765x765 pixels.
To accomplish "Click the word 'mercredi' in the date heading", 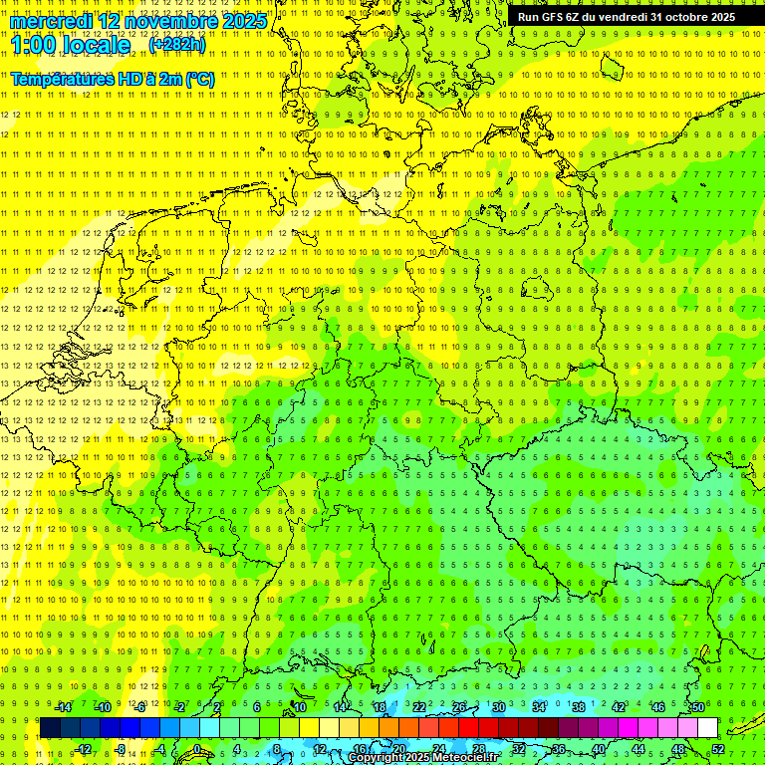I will coord(50,21).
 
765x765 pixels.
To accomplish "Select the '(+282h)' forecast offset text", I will coord(177,45).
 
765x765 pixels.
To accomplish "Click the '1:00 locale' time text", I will coord(70,46).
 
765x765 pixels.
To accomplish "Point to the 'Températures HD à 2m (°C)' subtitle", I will coord(113,79).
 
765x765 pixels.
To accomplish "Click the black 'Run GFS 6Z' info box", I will coord(627,17).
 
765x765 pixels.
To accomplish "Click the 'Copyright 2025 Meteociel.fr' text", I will coord(423,757).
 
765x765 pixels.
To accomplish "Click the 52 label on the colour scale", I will coord(718,749).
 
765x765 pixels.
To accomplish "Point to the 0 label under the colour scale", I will coord(196,749).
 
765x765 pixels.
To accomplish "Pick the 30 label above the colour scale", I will coord(498,707).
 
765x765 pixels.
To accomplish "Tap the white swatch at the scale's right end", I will coord(707,728).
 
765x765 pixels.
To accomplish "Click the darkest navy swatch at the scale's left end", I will coord(50,728).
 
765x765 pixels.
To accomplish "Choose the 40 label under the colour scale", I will coord(598,749).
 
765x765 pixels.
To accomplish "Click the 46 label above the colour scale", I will coord(657,707).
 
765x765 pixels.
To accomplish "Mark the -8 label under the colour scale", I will coord(121,749).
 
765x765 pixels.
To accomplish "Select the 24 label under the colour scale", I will coord(438,749).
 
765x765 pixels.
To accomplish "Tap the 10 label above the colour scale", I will coord(299,707).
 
